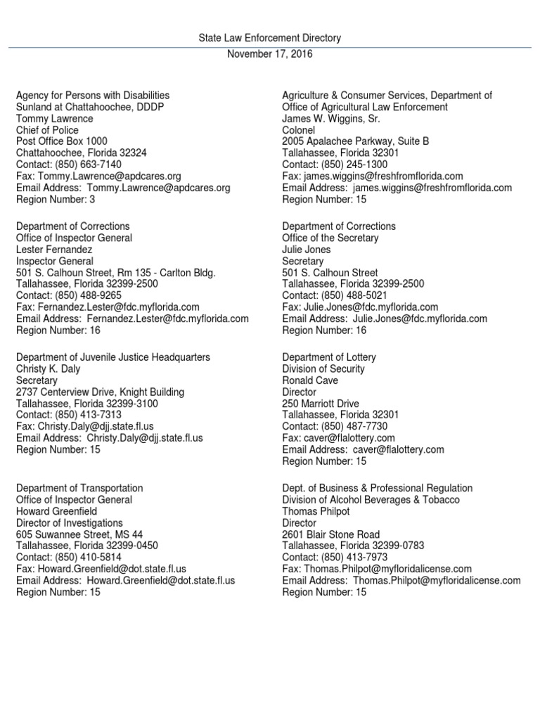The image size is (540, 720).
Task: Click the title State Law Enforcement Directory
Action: pos(270,38)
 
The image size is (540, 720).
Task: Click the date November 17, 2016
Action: pos(270,54)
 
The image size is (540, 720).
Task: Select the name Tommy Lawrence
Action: pos(54,118)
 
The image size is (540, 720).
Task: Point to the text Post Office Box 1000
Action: pos(62,141)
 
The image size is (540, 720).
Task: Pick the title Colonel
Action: pos(299,130)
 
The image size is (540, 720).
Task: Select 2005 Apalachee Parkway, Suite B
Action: pos(356,141)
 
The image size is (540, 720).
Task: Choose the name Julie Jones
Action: pos(307,250)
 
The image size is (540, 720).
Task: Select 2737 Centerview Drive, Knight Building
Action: pos(101,392)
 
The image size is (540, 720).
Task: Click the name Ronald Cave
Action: pos(310,380)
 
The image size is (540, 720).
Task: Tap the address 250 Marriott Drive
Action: pos(321,404)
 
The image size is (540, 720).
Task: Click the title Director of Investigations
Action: pos(70,523)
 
